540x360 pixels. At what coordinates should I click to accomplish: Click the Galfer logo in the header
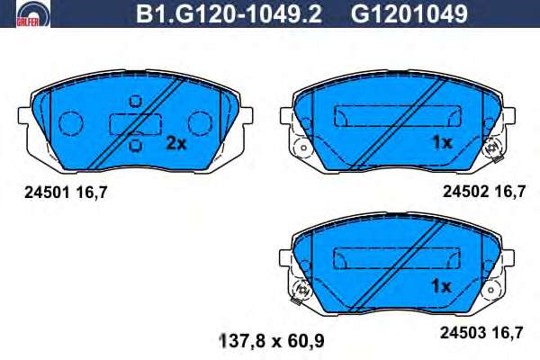coord(32,13)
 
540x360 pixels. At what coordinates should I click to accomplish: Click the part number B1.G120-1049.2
coord(229,14)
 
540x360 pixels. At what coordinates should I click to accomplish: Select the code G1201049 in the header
coord(409,14)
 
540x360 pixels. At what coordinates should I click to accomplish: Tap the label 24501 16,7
coord(66,193)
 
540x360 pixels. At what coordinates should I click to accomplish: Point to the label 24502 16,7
coord(484,191)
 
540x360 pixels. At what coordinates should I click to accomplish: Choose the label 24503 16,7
coord(481,333)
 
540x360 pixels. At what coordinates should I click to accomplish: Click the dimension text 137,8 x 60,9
coord(272,341)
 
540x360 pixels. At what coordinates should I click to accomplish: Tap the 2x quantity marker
coord(176,143)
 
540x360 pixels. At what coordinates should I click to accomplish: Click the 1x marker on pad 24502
coord(442,142)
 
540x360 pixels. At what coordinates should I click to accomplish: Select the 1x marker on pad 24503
coord(441,286)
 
